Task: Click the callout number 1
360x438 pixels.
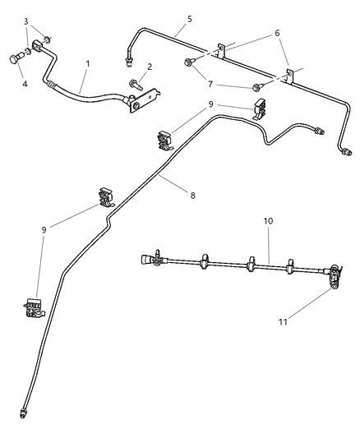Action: [x=88, y=63]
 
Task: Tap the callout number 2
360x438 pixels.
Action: [x=149, y=67]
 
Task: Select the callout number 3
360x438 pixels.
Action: [x=26, y=21]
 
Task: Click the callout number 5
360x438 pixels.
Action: [x=190, y=17]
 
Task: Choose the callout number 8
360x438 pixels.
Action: [x=193, y=195]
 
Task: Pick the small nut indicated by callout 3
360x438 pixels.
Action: [x=48, y=39]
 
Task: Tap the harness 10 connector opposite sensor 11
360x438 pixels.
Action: [x=150, y=259]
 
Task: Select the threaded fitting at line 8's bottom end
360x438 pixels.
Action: [x=22, y=410]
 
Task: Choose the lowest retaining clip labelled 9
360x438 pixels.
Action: [x=33, y=307]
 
